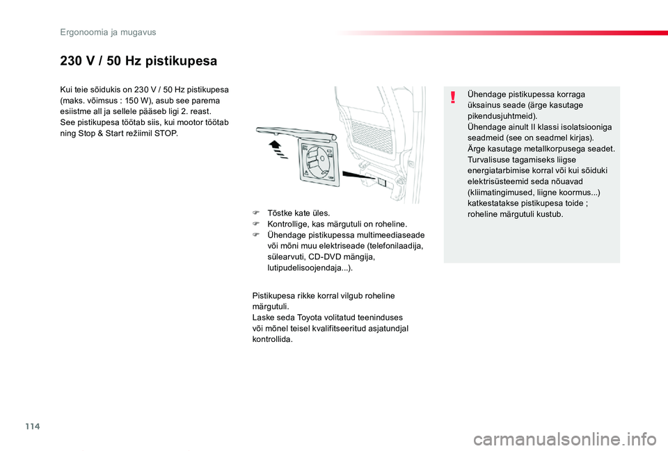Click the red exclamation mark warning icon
pyautogui.click(x=453, y=97)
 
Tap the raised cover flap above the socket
pyautogui.click(x=290, y=131)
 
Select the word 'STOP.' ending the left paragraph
pyautogui.click(x=165, y=133)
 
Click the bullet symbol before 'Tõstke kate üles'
pyautogui.click(x=256, y=213)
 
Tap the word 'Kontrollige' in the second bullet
pyautogui.click(x=289, y=224)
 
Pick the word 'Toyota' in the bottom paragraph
pyautogui.click(x=303, y=318)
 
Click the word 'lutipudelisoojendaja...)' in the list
pyautogui.click(x=310, y=268)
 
